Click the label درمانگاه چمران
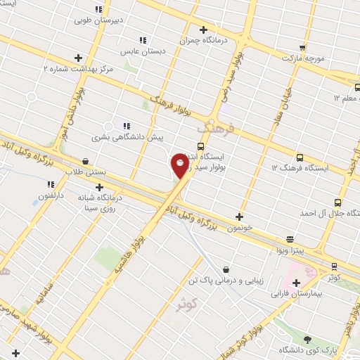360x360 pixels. [x=203, y=41]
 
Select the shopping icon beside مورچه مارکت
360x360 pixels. [x=303, y=47]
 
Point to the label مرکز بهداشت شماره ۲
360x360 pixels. [x=78, y=69]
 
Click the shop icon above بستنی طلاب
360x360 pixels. [x=85, y=161]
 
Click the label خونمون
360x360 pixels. [x=239, y=228]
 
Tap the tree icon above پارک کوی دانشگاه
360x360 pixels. [x=307, y=340]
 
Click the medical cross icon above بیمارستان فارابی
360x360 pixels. [x=296, y=283]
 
